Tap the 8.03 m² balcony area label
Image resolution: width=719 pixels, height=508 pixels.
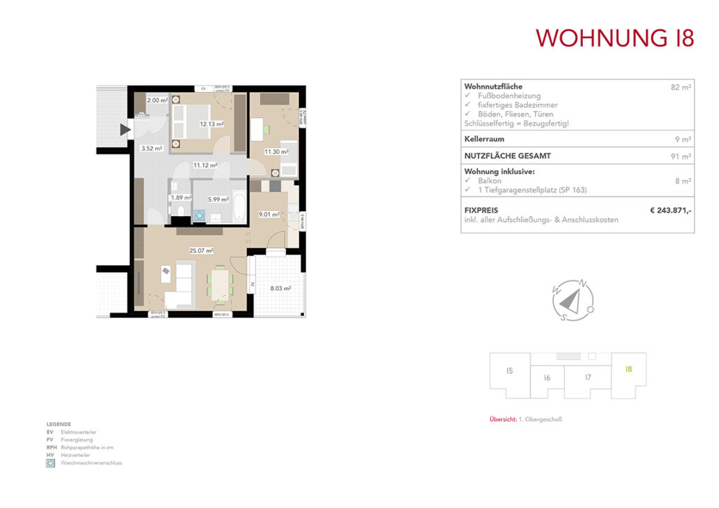pyautogui.click(x=280, y=288)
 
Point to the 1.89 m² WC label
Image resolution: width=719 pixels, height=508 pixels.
pyautogui.click(x=182, y=198)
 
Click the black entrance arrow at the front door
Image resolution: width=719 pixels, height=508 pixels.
pyautogui.click(x=126, y=129)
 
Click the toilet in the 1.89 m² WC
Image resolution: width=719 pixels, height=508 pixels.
pyautogui.click(x=181, y=213)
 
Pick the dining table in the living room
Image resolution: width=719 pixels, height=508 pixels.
pyautogui.click(x=220, y=284)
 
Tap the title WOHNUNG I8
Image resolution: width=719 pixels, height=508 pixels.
pyautogui.click(x=614, y=38)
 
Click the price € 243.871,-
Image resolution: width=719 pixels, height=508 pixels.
pyautogui.click(x=671, y=210)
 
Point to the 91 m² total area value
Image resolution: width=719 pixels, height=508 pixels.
pyautogui.click(x=680, y=156)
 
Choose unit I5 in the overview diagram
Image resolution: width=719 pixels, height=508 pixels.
pyautogui.click(x=509, y=370)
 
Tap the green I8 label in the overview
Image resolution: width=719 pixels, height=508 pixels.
pyautogui.click(x=628, y=368)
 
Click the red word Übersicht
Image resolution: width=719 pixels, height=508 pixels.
pyautogui.click(x=502, y=420)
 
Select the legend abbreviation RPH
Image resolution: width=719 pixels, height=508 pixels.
pyautogui.click(x=51, y=447)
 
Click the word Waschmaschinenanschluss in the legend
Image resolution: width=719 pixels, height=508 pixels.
pyautogui.click(x=91, y=463)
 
